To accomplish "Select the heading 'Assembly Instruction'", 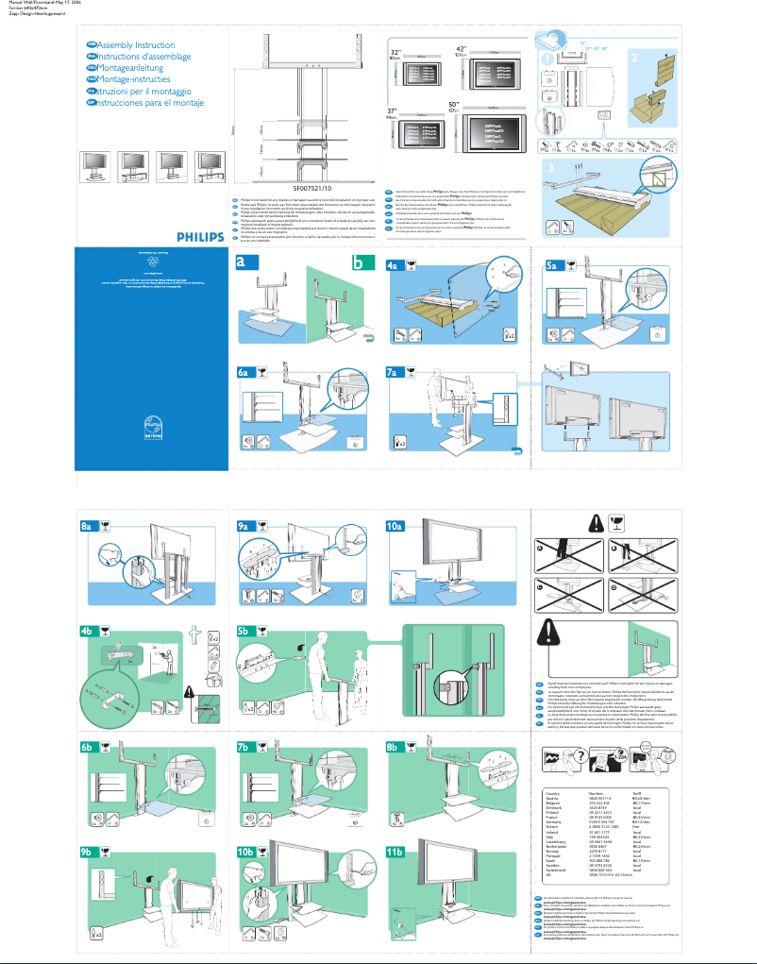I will tap(129, 45).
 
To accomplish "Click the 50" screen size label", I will tap(454, 103).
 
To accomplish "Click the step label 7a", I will tap(395, 373).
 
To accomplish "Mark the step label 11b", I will tap(397, 853).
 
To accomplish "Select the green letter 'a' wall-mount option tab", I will tap(247, 265).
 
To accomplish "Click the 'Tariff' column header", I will tap(638, 793).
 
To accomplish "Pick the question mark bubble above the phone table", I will tap(570, 756).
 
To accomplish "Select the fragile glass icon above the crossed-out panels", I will tap(622, 523).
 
